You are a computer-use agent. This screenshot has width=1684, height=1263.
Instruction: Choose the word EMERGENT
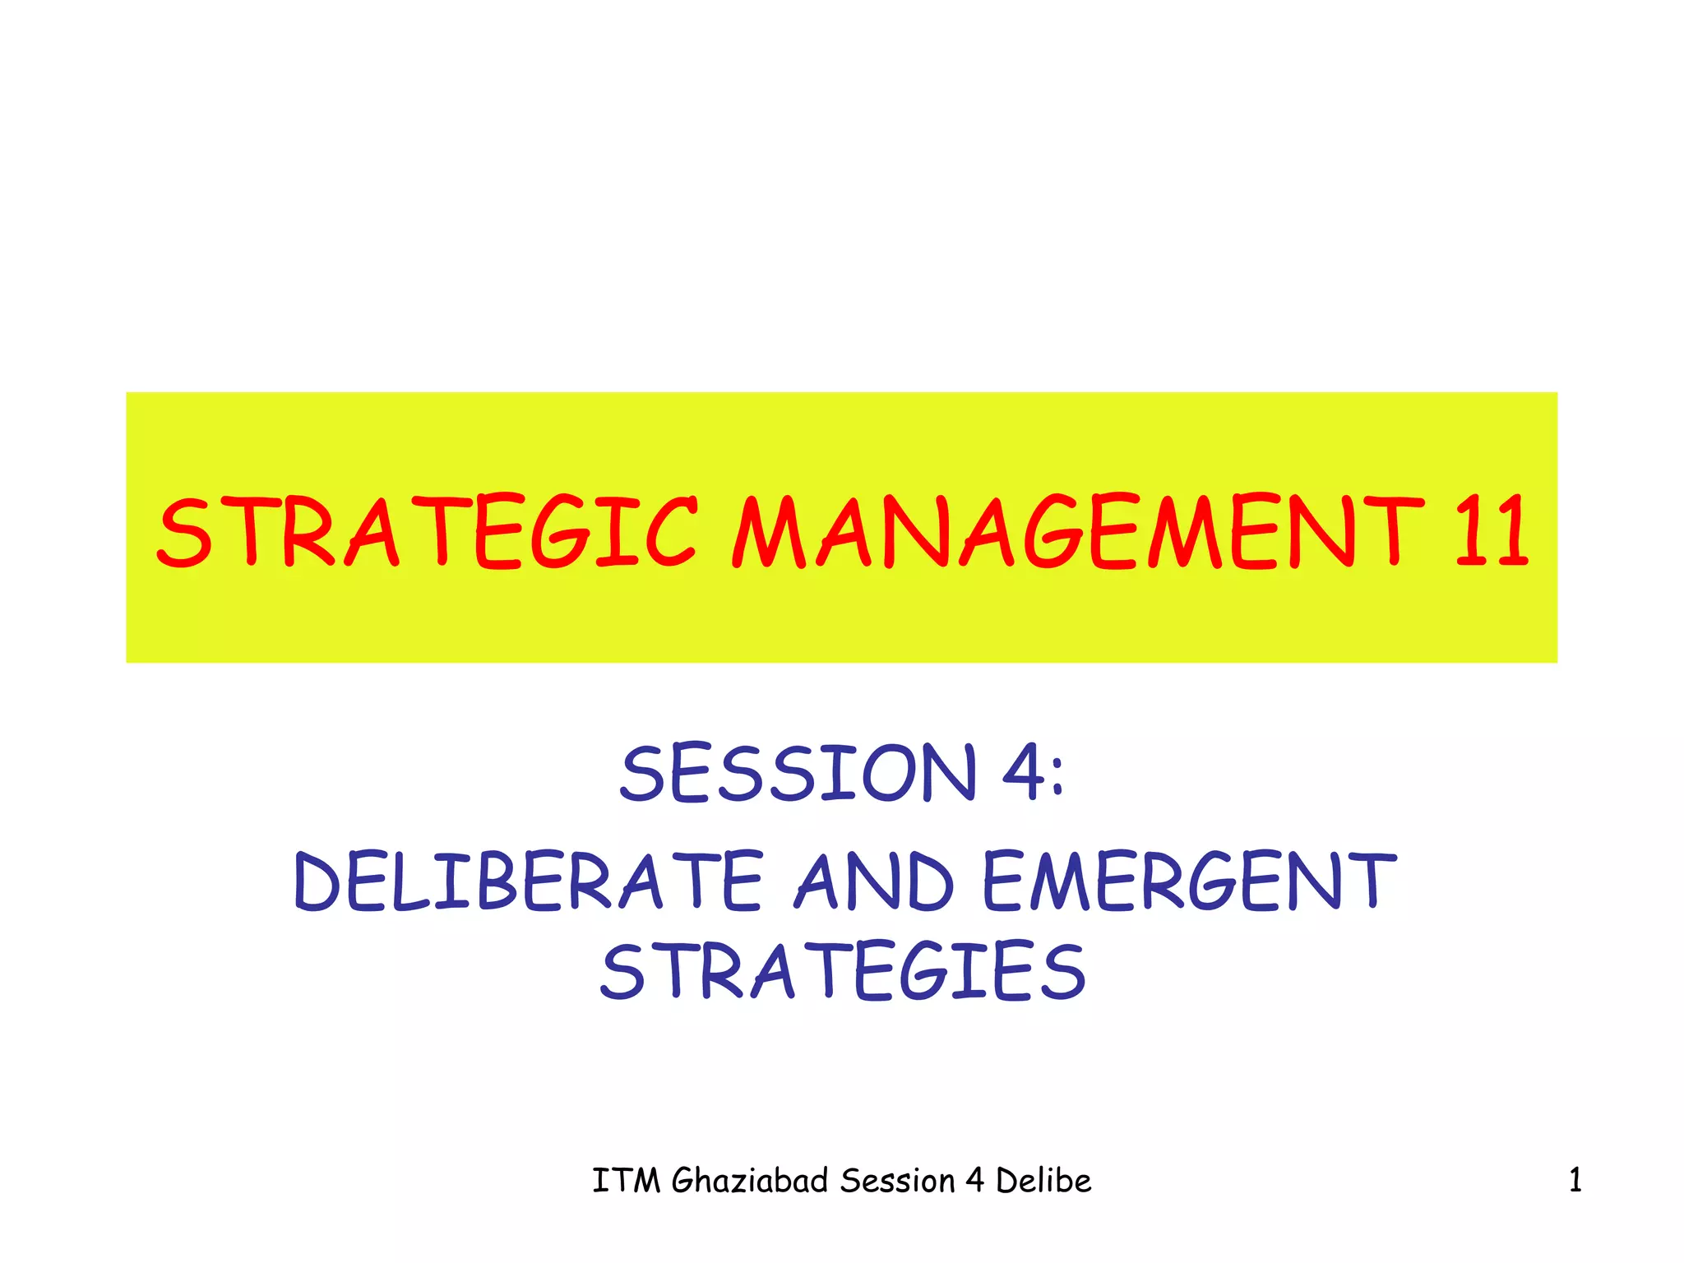tap(1189, 882)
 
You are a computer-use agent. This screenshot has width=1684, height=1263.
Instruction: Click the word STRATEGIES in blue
tap(844, 972)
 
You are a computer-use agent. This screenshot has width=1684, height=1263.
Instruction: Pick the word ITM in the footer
tap(627, 1182)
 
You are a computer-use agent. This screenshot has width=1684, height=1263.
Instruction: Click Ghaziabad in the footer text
tap(750, 1182)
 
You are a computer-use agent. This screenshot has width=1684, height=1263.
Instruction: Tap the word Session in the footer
tap(897, 1182)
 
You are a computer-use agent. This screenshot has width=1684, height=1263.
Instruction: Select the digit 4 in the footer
tap(975, 1182)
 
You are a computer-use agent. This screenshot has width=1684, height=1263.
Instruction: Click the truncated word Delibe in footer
tap(1043, 1182)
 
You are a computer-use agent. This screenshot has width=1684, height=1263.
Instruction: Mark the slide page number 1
tap(1575, 1182)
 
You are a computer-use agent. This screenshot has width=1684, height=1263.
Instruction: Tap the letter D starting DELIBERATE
tap(317, 882)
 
